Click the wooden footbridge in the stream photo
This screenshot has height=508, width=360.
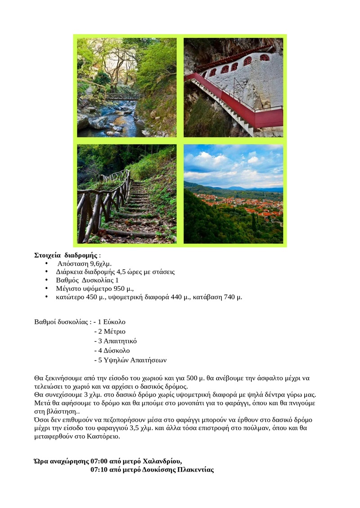click(121, 96)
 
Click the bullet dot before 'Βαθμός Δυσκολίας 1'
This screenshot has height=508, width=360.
click(47, 280)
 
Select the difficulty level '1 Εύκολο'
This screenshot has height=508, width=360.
click(111, 322)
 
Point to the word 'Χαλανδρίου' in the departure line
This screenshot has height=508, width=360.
click(162, 461)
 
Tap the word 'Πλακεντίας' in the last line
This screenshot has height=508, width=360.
click(195, 470)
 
